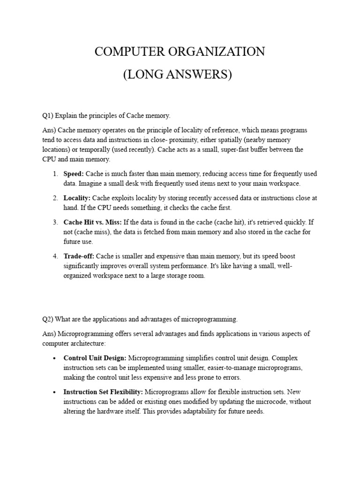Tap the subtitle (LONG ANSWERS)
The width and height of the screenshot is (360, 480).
click(x=178, y=75)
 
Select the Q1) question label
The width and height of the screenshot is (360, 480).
click(x=48, y=116)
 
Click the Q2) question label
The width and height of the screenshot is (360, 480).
click(x=48, y=319)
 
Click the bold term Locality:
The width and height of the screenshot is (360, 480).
click(x=77, y=198)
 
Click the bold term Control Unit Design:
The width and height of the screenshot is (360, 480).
click(x=95, y=358)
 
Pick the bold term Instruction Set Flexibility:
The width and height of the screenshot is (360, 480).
click(x=104, y=392)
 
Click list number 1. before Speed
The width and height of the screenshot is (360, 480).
click(x=55, y=173)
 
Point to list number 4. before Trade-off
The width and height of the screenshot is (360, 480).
click(x=55, y=256)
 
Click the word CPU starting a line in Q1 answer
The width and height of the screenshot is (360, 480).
click(x=49, y=159)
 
